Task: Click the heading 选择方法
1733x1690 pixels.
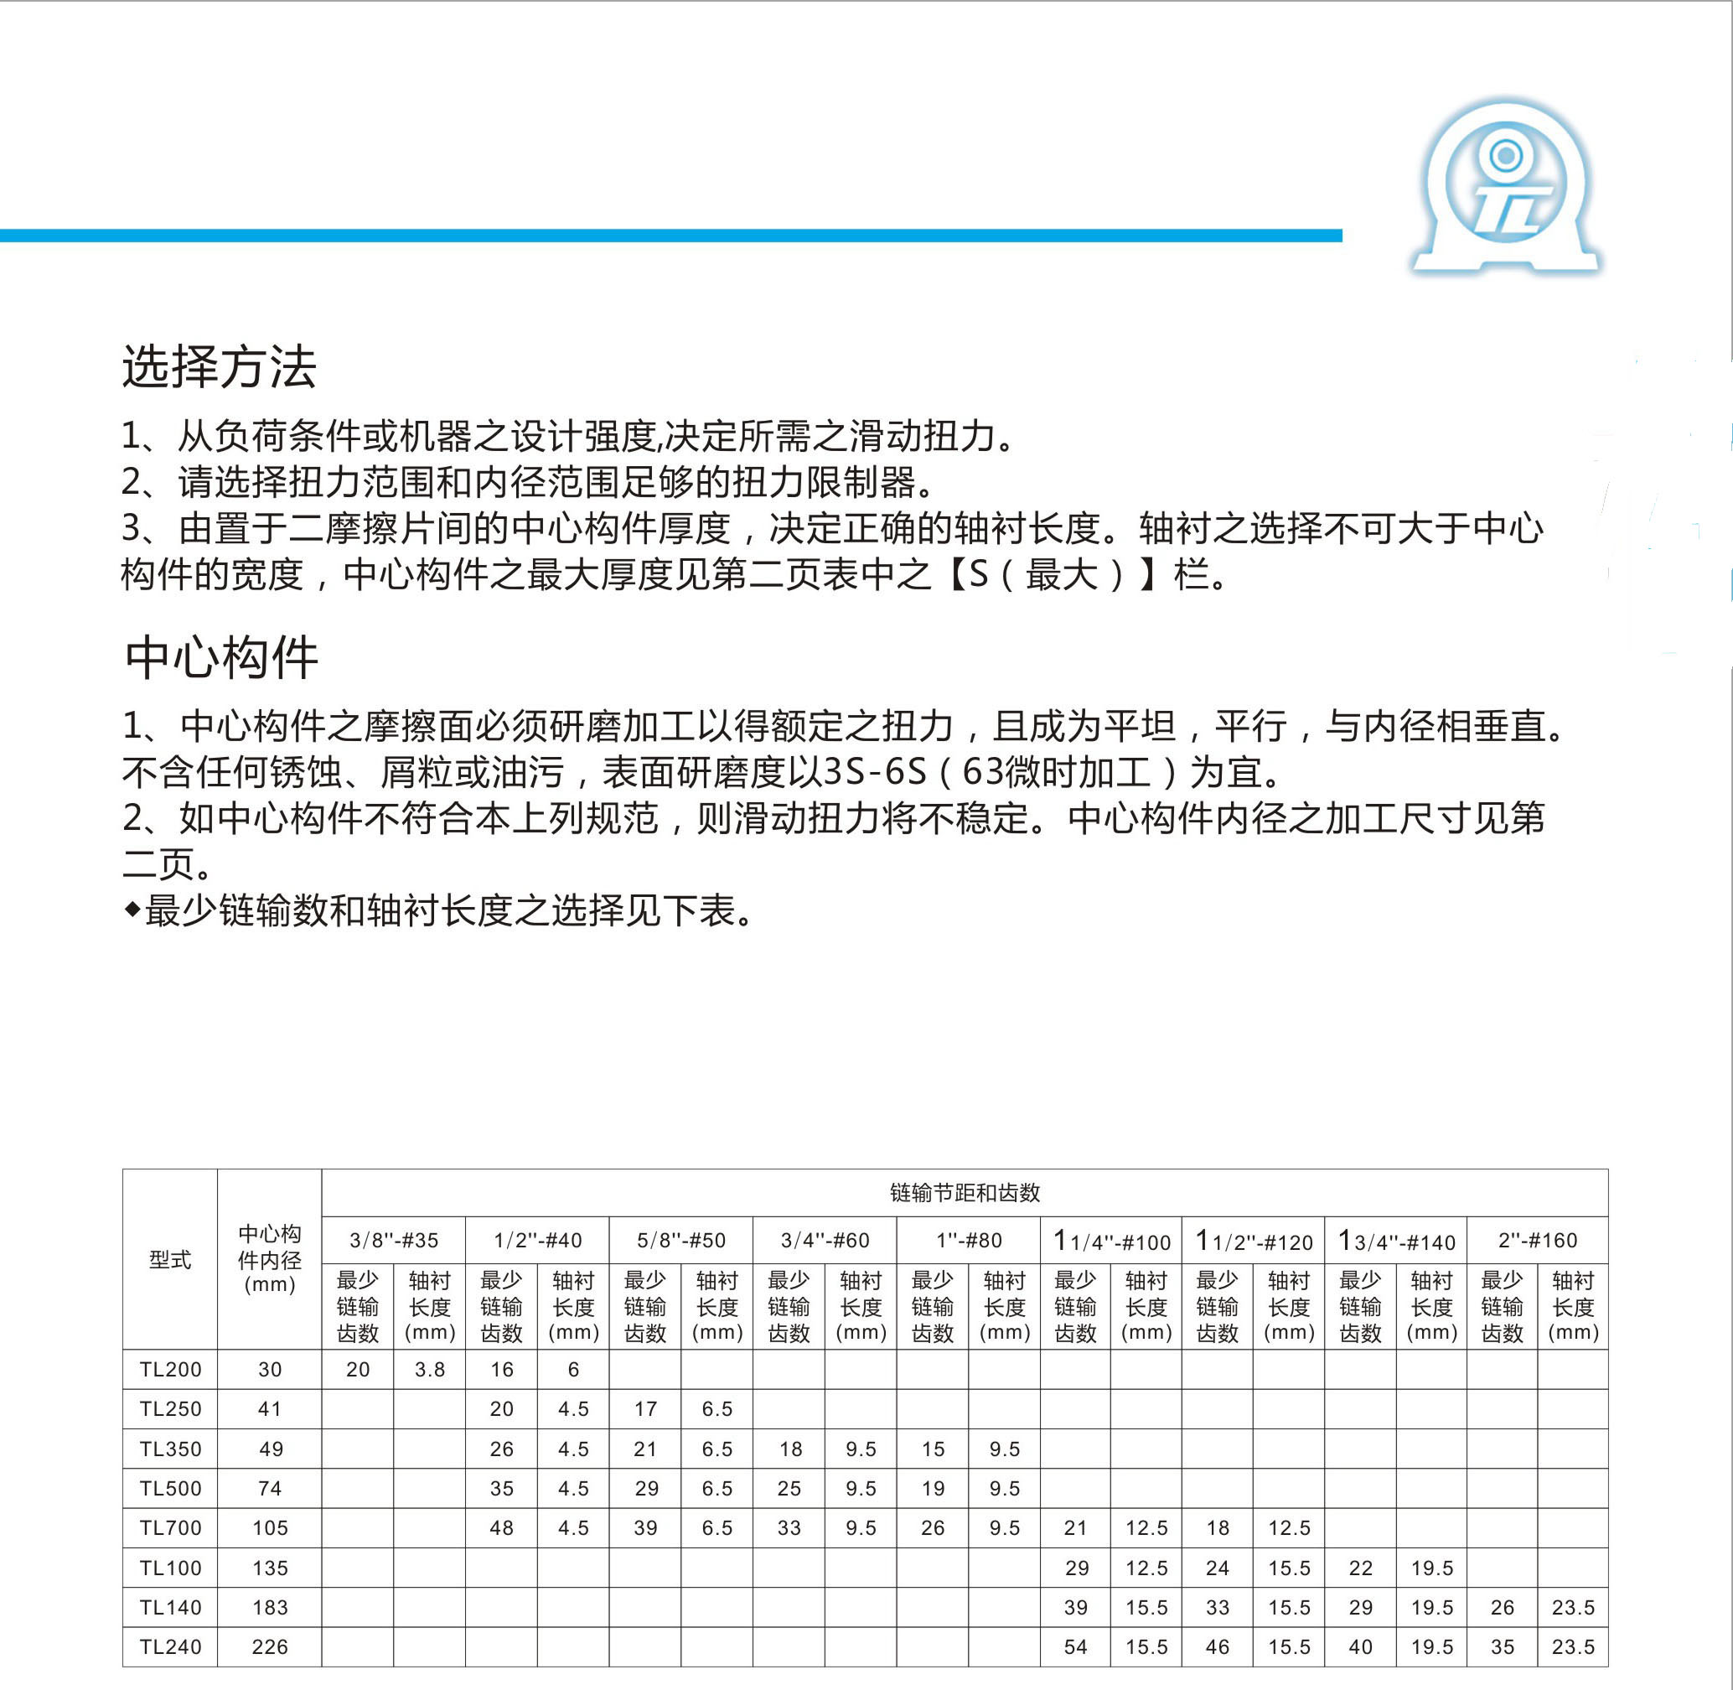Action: pyautogui.click(x=220, y=367)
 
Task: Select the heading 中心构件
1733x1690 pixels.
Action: pyautogui.click(x=221, y=659)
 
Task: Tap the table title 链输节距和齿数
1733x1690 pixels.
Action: pyautogui.click(x=965, y=1193)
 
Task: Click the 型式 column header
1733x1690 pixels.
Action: pyautogui.click(x=170, y=1259)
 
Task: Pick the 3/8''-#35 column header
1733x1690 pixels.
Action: pyautogui.click(x=394, y=1240)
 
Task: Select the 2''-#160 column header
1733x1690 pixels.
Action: pyautogui.click(x=1538, y=1240)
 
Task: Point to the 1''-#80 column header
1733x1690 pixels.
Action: pyautogui.click(x=969, y=1240)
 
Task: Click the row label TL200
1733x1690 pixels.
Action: pyautogui.click(x=170, y=1370)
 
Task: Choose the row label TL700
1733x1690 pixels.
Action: pyautogui.click(x=170, y=1527)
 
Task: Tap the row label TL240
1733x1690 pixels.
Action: pyautogui.click(x=170, y=1646)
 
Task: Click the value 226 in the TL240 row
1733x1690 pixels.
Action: pyautogui.click(x=270, y=1646)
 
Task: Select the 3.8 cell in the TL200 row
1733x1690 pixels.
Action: pyautogui.click(x=429, y=1370)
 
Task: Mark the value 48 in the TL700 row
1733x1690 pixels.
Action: pyautogui.click(x=501, y=1527)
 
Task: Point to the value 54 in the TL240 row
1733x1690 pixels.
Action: pyautogui.click(x=1075, y=1646)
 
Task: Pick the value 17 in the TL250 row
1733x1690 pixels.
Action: pyautogui.click(x=645, y=1408)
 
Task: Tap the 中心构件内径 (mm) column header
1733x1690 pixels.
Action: pyautogui.click(x=270, y=1259)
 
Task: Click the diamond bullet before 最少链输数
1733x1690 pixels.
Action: pyautogui.click(x=132, y=910)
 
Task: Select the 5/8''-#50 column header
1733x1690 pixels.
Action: pyautogui.click(x=681, y=1240)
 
